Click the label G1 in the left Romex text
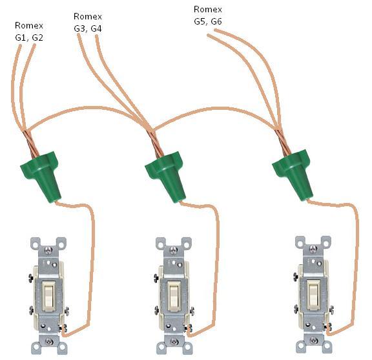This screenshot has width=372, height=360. click(20, 37)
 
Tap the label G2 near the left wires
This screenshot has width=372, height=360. click(37, 37)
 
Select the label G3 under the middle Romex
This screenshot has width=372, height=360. click(79, 28)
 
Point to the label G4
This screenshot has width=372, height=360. click(96, 28)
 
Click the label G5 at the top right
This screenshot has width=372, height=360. click(200, 21)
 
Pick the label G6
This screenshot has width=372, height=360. click(216, 21)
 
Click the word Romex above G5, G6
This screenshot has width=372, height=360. click(208, 9)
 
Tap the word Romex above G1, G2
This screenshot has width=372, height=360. click(29, 25)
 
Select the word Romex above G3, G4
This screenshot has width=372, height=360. click(88, 16)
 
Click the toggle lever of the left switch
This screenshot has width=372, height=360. click(48, 295)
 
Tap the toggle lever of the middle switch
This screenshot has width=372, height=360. click(174, 295)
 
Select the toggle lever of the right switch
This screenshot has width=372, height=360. click(314, 295)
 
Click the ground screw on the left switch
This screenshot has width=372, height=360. click(63, 328)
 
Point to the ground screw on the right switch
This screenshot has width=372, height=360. click(329, 327)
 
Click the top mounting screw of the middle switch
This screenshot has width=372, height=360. click(174, 249)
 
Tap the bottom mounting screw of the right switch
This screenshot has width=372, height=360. click(314, 341)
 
